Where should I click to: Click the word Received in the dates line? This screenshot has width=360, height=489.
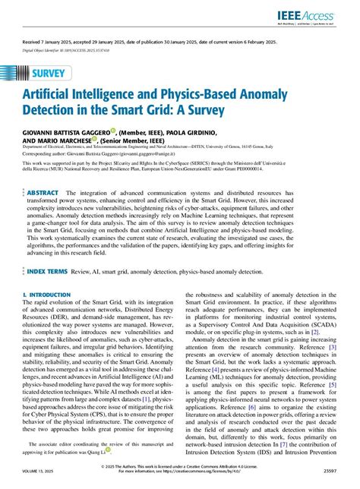[33, 43]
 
